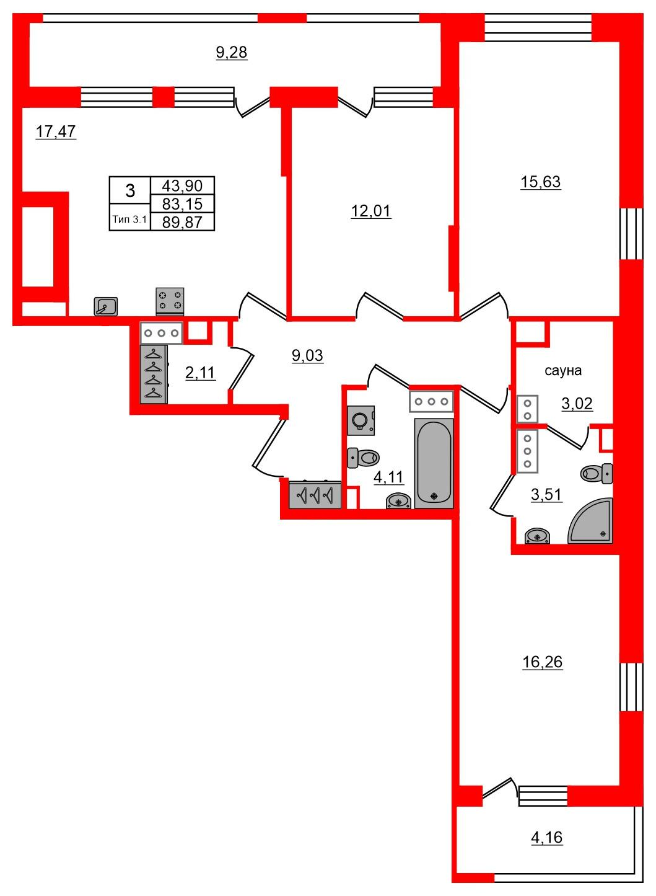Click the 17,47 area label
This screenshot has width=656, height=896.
pos(56,131)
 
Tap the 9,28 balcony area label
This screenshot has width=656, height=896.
pos(232,53)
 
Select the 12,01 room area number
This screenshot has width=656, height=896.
pos(371,211)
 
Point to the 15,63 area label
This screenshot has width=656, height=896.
pos(541,182)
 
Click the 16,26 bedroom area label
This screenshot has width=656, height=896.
pos(542,662)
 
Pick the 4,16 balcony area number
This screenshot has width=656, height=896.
pos(546,837)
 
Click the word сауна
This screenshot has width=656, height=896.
pos(563,371)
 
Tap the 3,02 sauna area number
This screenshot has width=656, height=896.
pos(577,404)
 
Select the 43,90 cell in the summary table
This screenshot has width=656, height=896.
pos(182,185)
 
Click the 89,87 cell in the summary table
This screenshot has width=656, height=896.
pos(182,222)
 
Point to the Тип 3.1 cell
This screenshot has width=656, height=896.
pos(130,220)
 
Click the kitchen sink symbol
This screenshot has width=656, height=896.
pos(106,306)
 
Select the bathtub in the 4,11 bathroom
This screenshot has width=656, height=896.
pos(434,463)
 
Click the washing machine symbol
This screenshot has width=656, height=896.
pos(361,420)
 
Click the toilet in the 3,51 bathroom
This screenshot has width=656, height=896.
pos(597,474)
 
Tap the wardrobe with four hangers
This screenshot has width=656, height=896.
pos(154,375)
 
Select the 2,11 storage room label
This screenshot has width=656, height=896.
pos(200,373)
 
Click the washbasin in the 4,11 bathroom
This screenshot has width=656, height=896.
pos(398,500)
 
